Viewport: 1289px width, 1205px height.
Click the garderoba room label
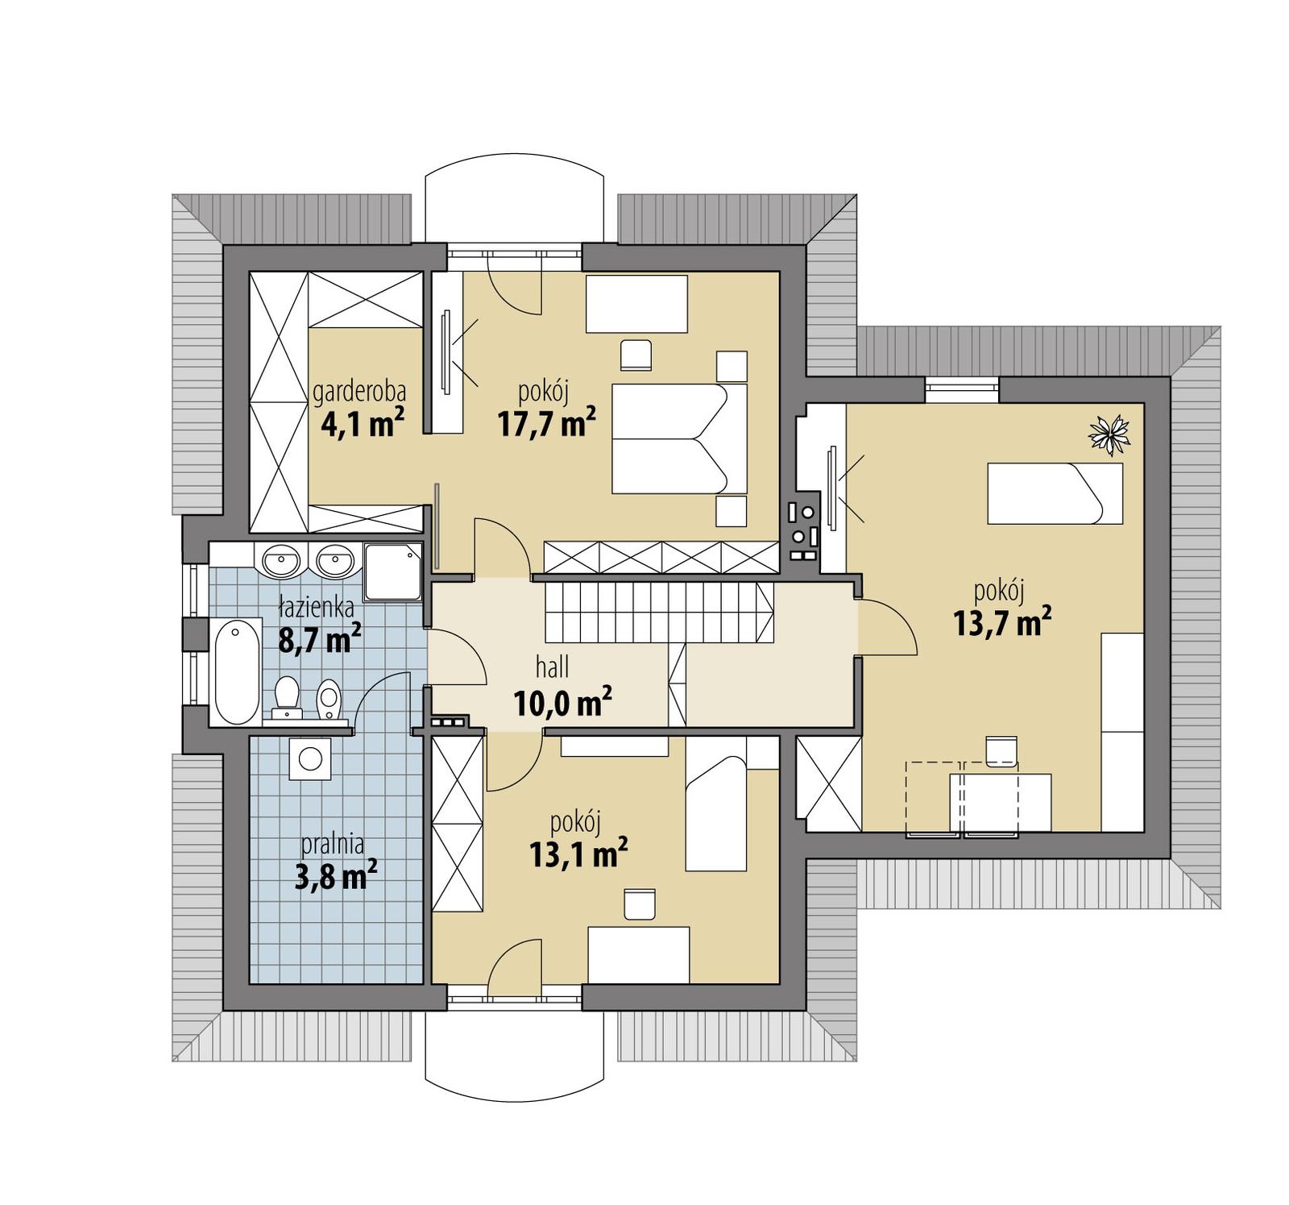point(359,393)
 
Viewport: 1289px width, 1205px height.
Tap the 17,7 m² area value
point(546,423)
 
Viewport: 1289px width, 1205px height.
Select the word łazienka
point(317,606)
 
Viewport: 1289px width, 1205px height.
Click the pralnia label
point(333,844)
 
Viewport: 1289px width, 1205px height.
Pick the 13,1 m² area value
point(578,854)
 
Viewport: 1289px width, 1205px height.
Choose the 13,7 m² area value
point(1001,622)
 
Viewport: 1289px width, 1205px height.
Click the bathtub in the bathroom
point(236,671)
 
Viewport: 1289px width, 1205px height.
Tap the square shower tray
point(392,571)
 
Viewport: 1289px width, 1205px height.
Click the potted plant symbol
point(1109,434)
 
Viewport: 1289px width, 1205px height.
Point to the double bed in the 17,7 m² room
point(679,438)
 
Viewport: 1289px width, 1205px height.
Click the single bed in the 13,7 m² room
point(1055,493)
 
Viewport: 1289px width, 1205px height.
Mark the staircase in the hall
point(659,612)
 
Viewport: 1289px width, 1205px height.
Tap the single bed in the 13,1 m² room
point(715,812)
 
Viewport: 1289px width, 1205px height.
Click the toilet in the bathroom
point(287,697)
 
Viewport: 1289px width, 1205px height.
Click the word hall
point(553,667)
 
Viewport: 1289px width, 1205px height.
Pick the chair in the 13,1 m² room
point(640,904)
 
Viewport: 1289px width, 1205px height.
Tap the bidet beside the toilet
point(329,699)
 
